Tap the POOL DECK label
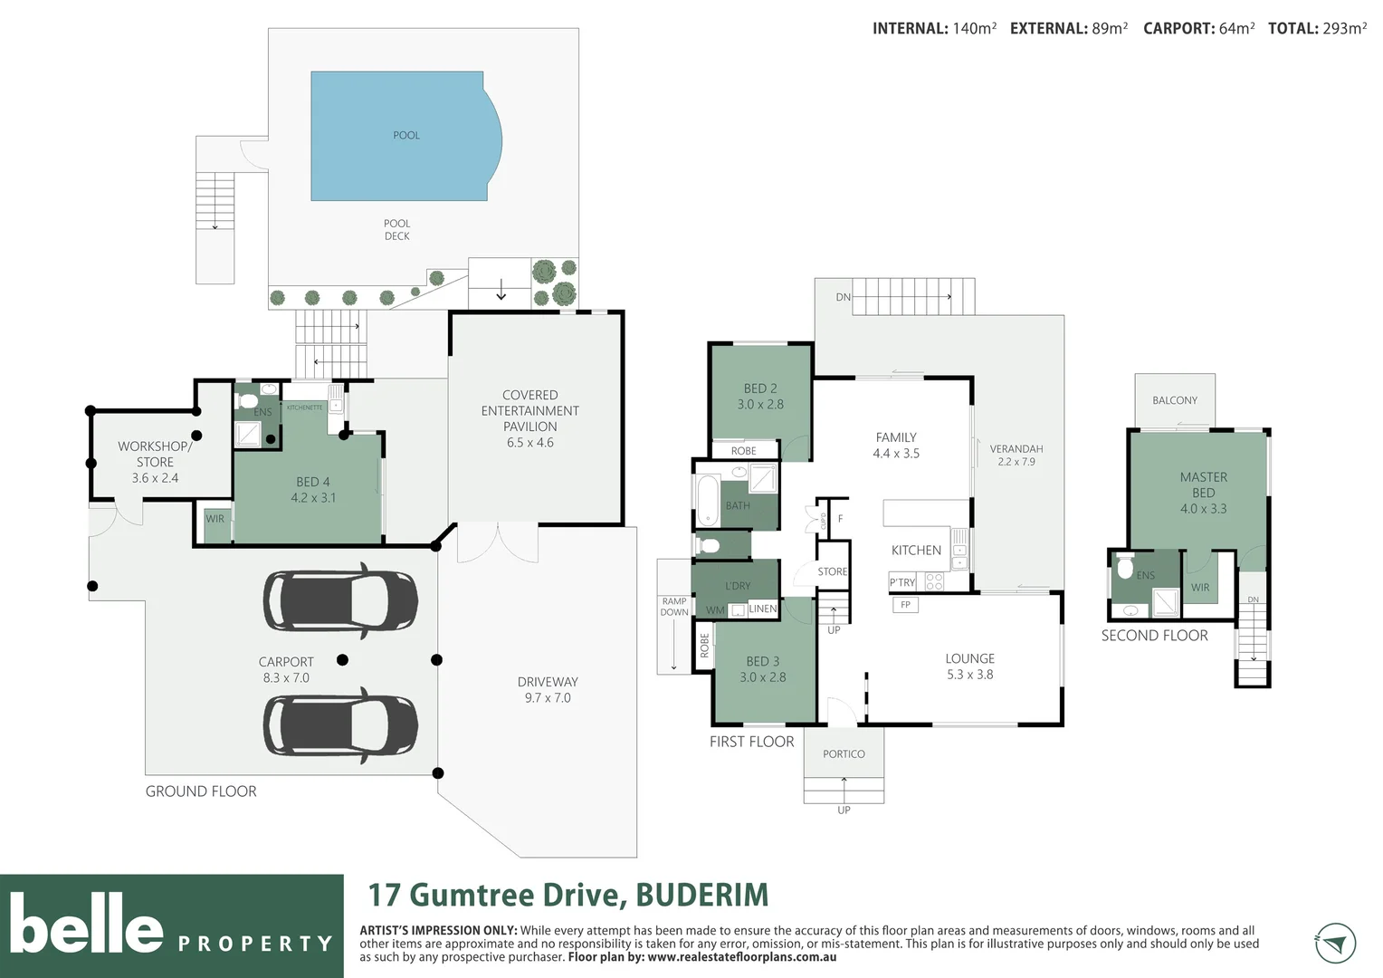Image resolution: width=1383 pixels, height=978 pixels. (396, 230)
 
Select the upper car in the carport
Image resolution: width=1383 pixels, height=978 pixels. (340, 600)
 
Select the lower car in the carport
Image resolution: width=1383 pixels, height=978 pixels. (340, 724)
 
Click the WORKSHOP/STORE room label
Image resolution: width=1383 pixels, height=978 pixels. (155, 462)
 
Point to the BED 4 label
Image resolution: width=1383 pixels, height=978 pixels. (313, 490)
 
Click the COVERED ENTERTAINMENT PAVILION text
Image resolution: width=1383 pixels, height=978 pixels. (529, 418)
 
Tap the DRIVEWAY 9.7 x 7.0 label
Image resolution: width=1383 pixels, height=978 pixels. (548, 690)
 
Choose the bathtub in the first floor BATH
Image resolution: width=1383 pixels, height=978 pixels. (707, 500)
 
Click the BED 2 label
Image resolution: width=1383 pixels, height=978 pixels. (760, 397)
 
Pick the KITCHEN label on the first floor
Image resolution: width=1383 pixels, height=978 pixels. (916, 551)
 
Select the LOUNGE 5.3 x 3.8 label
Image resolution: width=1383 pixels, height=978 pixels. (969, 666)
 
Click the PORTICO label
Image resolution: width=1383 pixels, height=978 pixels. (844, 754)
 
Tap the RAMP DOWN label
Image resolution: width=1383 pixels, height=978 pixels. (673, 607)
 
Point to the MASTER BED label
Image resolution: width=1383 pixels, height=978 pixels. (1203, 493)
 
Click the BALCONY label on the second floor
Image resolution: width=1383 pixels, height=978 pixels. (1174, 400)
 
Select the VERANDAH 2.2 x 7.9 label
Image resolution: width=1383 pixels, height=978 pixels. (1016, 455)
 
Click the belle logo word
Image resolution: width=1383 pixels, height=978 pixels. (86, 924)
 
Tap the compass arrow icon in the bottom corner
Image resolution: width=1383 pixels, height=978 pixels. (1334, 944)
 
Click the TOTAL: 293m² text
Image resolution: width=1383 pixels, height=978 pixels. (1317, 29)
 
